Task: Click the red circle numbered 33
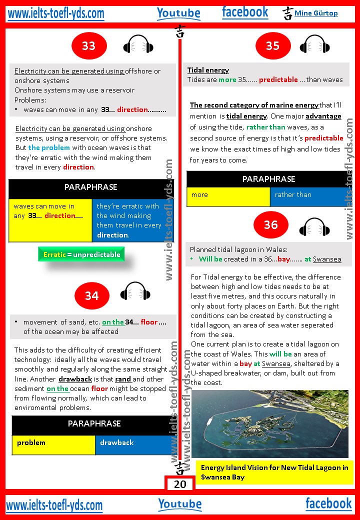pos(88,46)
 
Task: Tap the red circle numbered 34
pos(91,296)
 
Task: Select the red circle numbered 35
pos(272,46)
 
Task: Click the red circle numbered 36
pos(270,225)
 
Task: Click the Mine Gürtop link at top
pos(315,13)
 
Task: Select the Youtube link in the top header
pos(178,13)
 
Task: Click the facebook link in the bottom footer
pos(328,503)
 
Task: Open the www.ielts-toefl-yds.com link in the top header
pos(56,13)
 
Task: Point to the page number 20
pos(180,484)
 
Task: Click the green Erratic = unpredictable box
pos(81,254)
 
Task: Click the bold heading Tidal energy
pos(208,70)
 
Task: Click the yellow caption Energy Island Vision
pos(274,472)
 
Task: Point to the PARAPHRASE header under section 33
pos(91,187)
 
